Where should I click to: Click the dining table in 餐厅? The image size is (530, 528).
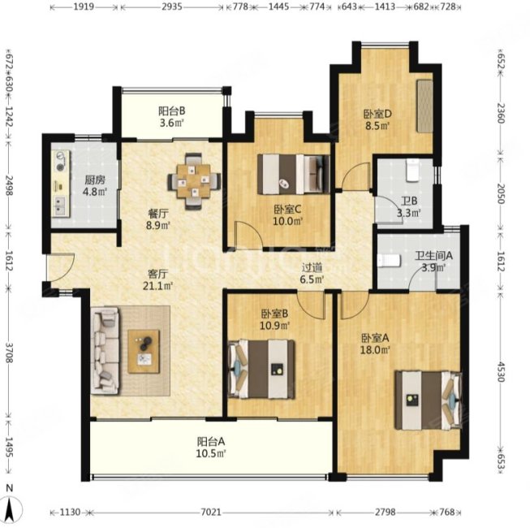(194, 181)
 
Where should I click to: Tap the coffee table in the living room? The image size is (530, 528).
(144, 352)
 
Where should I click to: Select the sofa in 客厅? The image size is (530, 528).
(106, 351)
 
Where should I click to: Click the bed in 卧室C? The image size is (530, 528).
(293, 174)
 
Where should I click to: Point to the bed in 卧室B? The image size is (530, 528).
(261, 369)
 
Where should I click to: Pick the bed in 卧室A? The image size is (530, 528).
(429, 400)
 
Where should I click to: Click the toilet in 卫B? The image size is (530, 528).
(412, 170)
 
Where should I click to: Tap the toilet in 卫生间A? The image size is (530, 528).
(389, 261)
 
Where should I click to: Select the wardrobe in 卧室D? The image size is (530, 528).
(424, 106)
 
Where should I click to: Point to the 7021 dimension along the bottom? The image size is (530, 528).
(211, 513)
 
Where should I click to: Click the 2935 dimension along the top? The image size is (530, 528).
(172, 6)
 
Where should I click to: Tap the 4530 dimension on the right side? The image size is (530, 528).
(501, 372)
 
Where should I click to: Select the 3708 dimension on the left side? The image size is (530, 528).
(9, 353)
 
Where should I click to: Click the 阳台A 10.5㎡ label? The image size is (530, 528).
(211, 447)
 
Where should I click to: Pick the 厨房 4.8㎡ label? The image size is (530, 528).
(95, 186)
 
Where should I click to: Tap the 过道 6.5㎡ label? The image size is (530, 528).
(312, 273)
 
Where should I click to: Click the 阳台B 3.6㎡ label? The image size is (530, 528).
(172, 117)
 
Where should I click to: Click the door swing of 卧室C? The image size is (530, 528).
(248, 234)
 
